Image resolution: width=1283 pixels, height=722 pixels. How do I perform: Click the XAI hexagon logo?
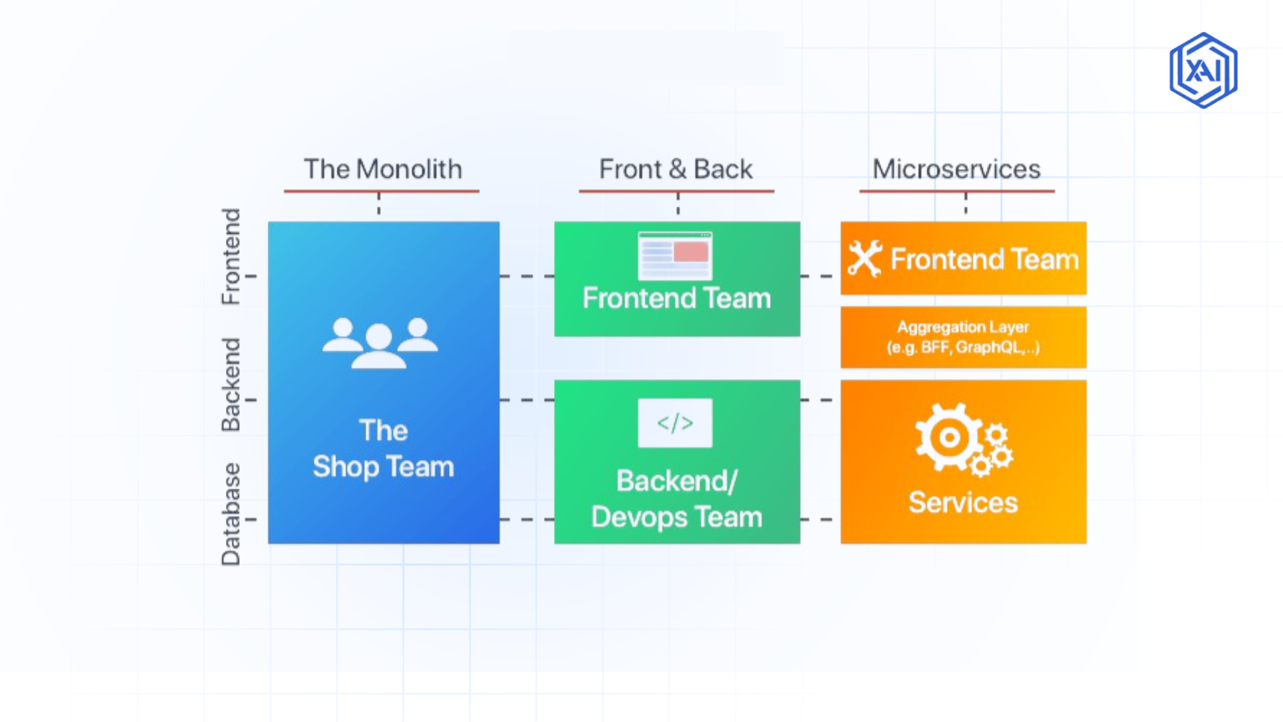pos(1203,70)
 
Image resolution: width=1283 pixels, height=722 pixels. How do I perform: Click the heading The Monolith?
pos(382,169)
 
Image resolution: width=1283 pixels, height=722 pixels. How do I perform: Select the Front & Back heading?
pos(676,169)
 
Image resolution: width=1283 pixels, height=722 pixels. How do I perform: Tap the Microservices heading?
pos(956,169)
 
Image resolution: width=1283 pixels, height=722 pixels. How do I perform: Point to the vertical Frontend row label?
pos(231,257)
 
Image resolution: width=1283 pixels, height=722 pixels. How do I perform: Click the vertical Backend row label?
pos(231,384)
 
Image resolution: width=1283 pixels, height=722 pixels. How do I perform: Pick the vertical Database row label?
pos(231,514)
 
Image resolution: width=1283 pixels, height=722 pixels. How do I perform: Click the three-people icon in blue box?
pos(380,343)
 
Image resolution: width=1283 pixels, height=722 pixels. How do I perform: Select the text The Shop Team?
pos(383,449)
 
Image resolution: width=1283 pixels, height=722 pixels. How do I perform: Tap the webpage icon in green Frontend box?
pos(675,255)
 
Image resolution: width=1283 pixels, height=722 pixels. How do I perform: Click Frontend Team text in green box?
pos(676,298)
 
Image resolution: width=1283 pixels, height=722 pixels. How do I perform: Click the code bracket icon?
pos(675,423)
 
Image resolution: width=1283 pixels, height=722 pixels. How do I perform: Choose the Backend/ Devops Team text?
pos(676,499)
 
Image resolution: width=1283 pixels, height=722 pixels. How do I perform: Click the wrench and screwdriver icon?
pos(865,259)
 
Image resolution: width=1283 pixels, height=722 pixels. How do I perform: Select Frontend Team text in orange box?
pos(984,259)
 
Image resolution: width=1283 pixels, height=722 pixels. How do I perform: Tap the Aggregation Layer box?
pos(963,337)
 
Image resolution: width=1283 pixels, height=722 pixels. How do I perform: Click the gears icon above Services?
pos(963,440)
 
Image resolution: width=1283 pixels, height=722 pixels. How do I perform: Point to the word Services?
pos(963,503)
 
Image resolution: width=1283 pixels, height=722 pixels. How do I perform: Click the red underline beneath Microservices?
pos(956,191)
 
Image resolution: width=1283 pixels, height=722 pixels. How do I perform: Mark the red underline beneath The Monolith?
pos(382,191)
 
